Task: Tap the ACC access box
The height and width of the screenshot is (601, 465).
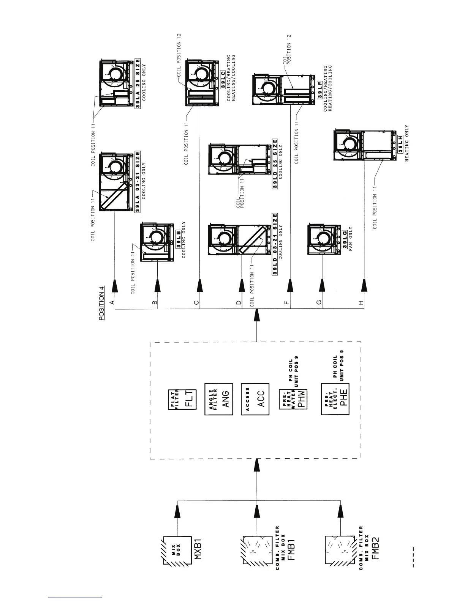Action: tap(255, 399)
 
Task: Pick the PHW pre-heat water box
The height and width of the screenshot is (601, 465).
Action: tap(293, 399)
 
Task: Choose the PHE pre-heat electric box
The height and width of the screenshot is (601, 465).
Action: tap(335, 399)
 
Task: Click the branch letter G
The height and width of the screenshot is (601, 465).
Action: tap(319, 302)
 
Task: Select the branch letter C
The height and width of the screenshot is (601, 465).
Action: tap(196, 302)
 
